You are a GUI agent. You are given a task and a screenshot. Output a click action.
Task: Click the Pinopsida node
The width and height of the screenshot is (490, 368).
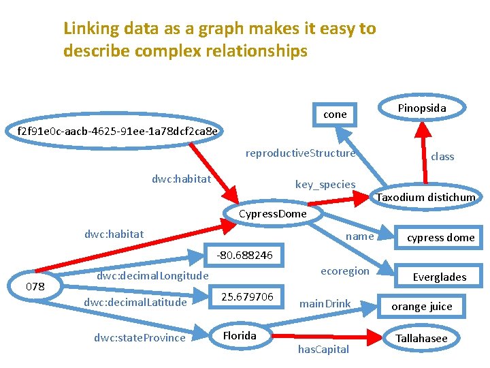[x=421, y=108]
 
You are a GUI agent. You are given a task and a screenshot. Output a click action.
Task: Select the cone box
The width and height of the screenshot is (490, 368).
[x=335, y=114]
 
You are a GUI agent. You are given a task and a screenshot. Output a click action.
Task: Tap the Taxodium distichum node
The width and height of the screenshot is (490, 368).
[x=426, y=197]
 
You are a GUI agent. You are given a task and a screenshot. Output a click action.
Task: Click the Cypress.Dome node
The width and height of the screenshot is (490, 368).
[x=273, y=213]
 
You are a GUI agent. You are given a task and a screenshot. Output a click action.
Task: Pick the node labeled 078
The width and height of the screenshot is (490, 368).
[x=35, y=286]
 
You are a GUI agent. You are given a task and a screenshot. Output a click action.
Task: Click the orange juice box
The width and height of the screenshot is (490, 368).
[x=422, y=306]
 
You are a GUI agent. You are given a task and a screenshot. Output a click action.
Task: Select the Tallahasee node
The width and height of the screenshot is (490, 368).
[x=422, y=338]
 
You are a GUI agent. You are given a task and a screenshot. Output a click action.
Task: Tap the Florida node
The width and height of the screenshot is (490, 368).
[x=240, y=335]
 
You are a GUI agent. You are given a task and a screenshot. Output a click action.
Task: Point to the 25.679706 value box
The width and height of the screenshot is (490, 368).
[x=247, y=296]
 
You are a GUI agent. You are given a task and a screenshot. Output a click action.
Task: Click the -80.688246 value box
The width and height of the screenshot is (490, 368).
[x=244, y=255]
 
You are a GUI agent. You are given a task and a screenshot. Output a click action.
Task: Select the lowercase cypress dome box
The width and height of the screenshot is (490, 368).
[x=440, y=238]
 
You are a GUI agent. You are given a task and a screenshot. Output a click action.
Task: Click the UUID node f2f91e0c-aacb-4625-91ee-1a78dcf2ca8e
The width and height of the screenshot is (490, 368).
[x=118, y=130]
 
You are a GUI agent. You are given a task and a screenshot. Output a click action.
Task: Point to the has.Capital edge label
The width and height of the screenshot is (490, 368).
[x=323, y=350]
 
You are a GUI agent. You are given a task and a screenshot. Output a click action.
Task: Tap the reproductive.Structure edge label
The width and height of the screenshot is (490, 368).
[x=301, y=153]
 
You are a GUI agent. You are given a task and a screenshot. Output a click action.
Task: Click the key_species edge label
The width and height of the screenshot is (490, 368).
[x=325, y=184]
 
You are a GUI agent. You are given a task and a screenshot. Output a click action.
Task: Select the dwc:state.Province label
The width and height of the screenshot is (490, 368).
[x=140, y=337]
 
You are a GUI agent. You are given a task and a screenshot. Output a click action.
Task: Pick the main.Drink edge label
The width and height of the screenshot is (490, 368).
[x=325, y=303]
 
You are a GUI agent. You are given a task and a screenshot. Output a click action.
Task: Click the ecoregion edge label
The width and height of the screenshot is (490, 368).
[x=344, y=271]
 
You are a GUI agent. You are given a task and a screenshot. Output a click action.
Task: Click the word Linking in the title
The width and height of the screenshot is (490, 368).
[x=88, y=29]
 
